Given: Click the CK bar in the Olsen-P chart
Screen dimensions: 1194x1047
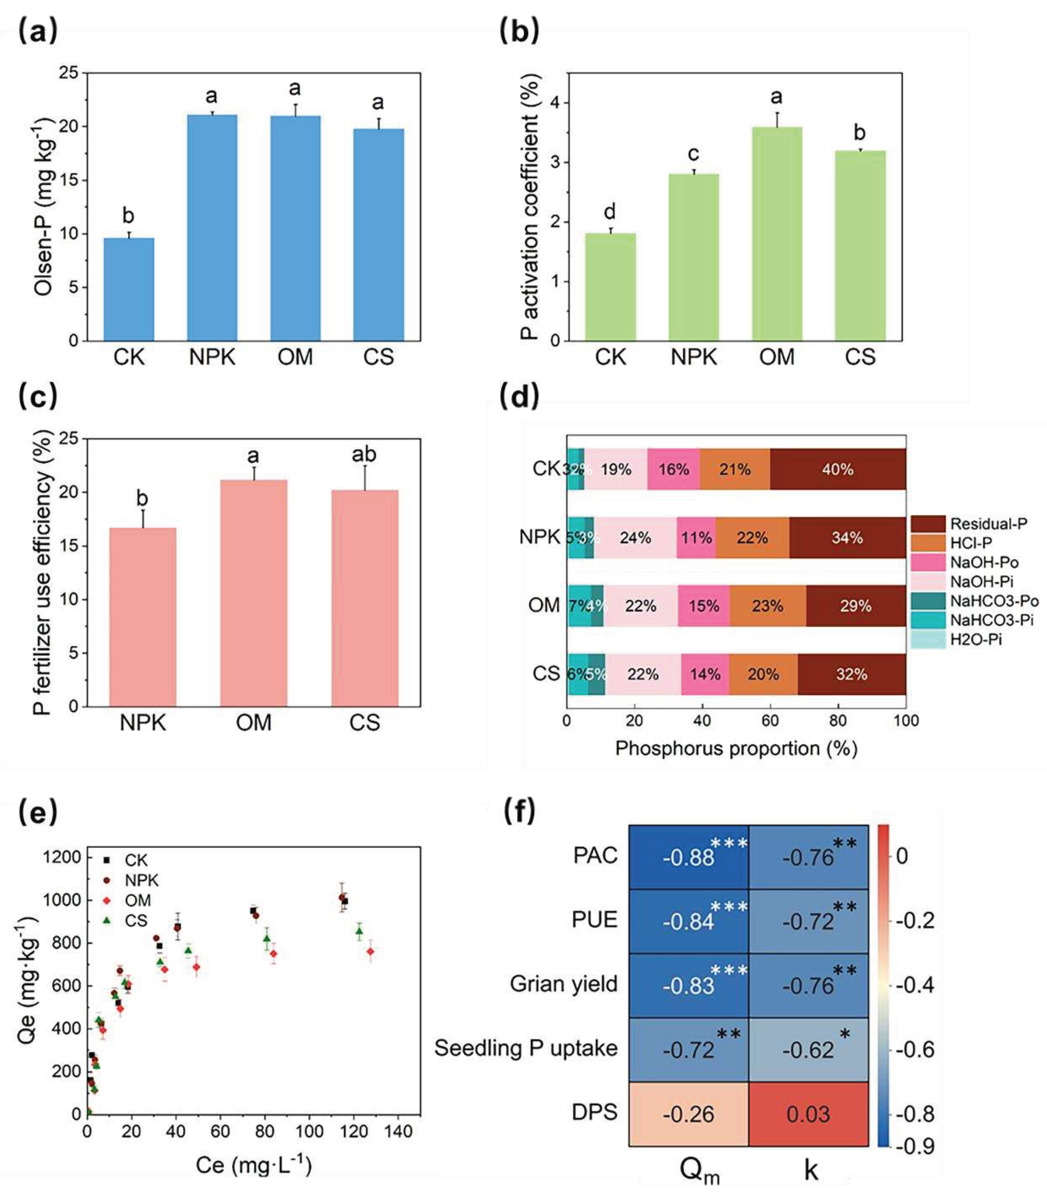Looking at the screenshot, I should pyautogui.click(x=129, y=289).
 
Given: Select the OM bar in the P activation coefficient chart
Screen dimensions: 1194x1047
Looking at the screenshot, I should pyautogui.click(x=776, y=234).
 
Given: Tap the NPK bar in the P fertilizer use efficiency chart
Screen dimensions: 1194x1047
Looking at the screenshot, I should pyautogui.click(x=143, y=617).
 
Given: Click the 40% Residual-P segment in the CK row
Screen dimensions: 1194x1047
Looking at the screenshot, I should pyautogui.click(x=838, y=469).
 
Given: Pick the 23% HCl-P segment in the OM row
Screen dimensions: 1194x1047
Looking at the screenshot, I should pyautogui.click(x=767, y=606).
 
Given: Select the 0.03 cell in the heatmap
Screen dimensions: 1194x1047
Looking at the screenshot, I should pyautogui.click(x=808, y=1114).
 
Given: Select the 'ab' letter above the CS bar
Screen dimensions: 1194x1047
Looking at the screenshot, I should pyautogui.click(x=364, y=454).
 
